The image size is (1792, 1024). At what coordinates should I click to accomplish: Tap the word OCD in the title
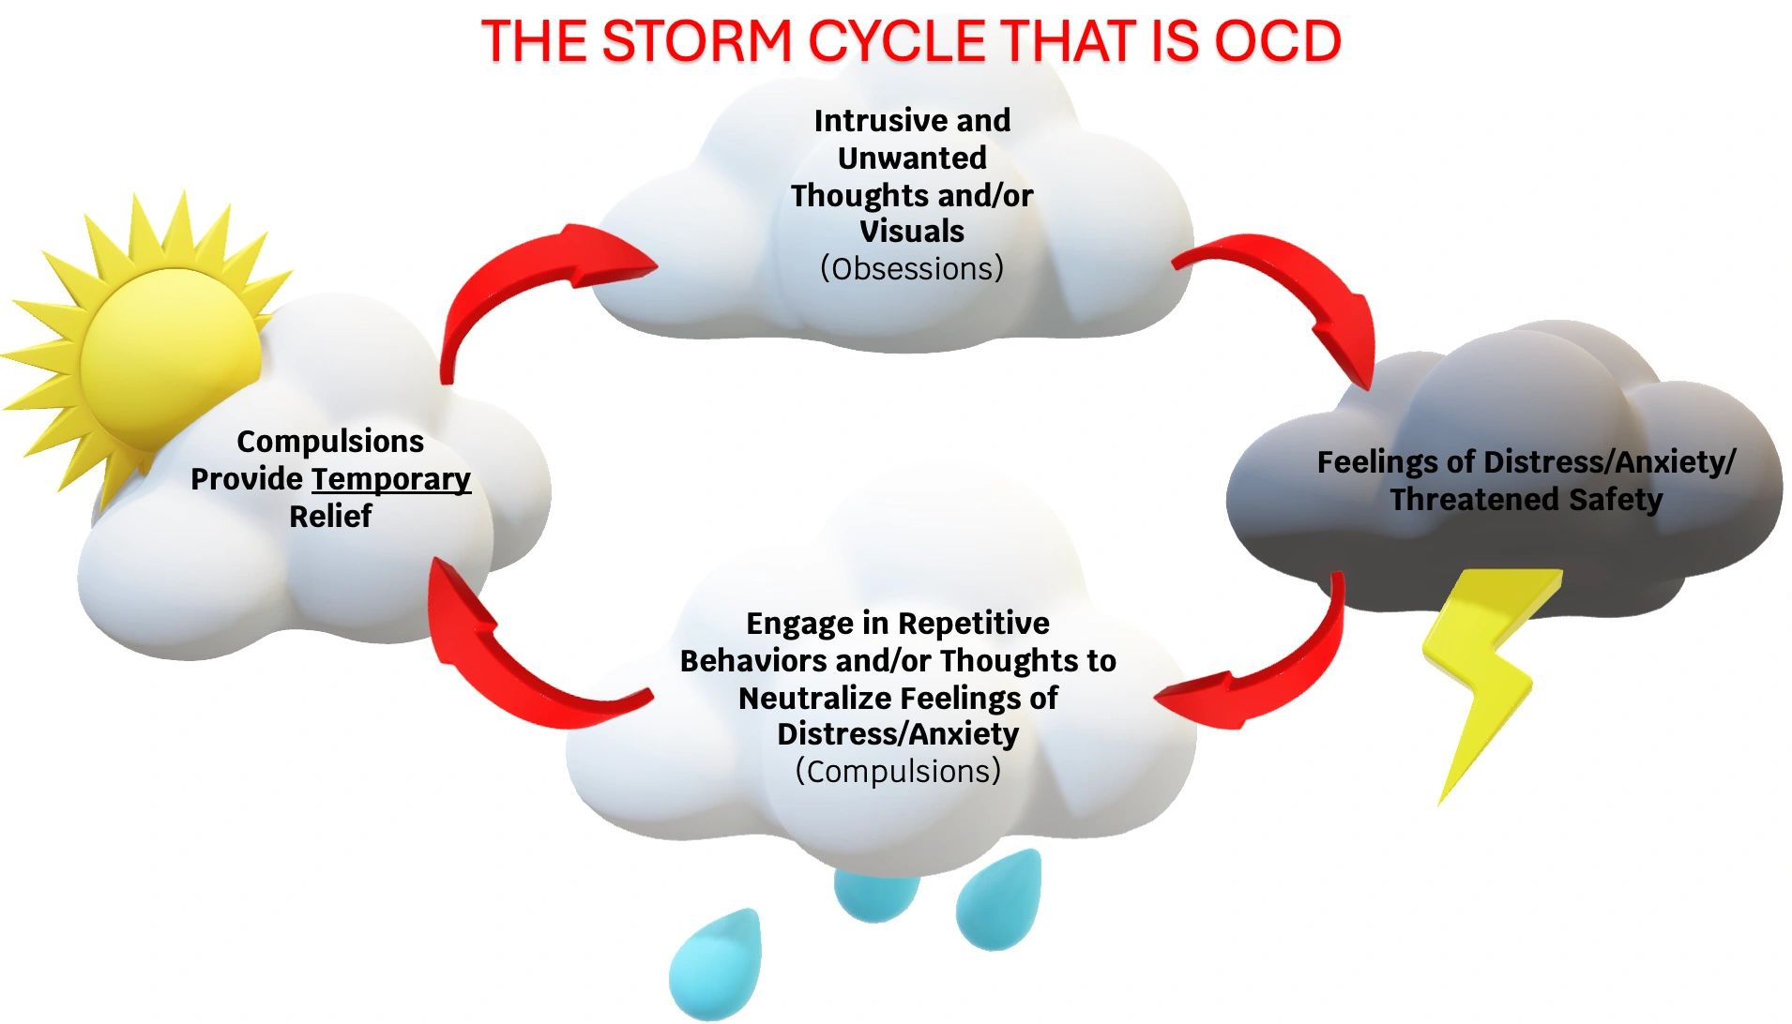pyautogui.click(x=1278, y=41)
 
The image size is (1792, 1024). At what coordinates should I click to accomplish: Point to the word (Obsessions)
pyautogui.click(x=911, y=269)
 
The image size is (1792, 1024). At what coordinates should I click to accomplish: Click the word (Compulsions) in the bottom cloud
pyautogui.click(x=898, y=771)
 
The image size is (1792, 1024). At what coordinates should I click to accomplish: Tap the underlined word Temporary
pyautogui.click(x=390, y=479)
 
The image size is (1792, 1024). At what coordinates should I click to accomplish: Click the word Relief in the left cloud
pyautogui.click(x=330, y=516)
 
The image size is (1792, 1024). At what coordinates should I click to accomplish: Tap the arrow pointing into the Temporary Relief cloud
pyautogui.click(x=507, y=656)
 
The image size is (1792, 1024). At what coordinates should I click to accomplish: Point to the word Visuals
pyautogui.click(x=912, y=232)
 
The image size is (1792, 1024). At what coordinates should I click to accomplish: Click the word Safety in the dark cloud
pyautogui.click(x=1615, y=500)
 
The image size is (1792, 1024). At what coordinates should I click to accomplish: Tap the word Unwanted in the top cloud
pyautogui.click(x=912, y=158)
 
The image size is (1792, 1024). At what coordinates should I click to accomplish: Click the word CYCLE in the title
pyautogui.click(x=898, y=41)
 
